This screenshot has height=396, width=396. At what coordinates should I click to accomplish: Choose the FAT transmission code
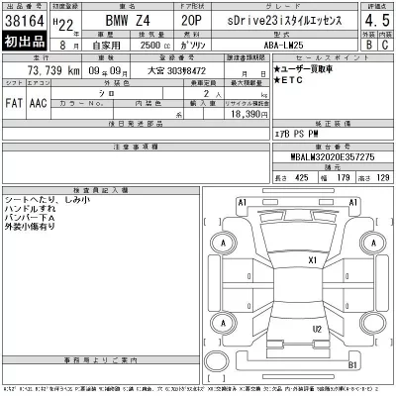(16, 101)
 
